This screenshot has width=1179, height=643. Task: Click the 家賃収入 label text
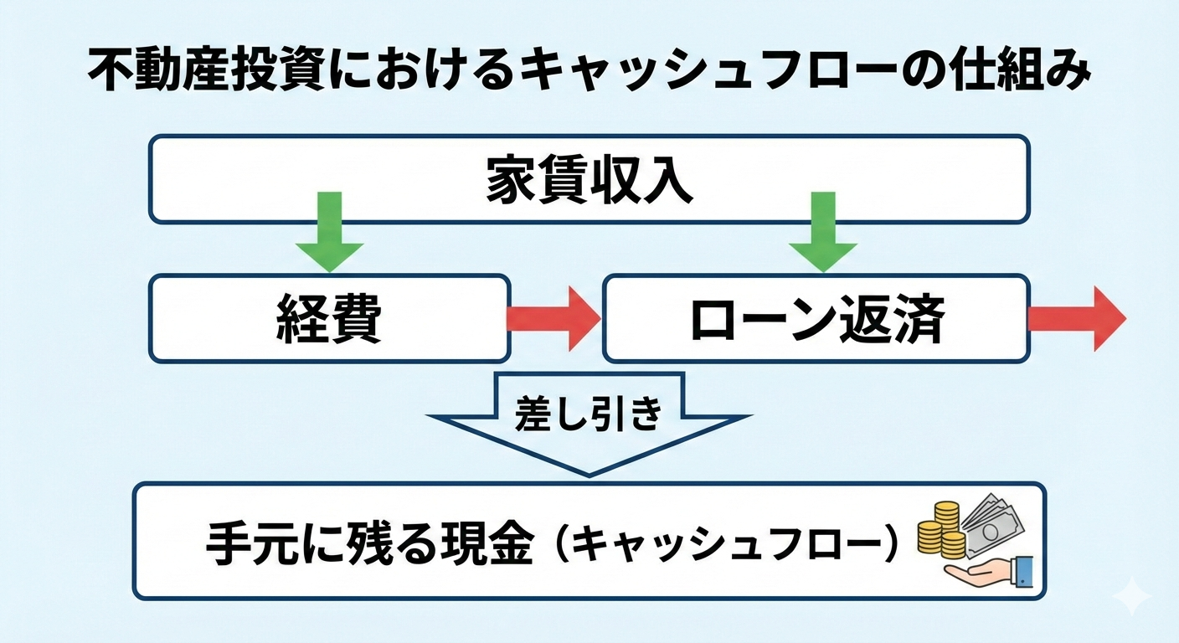[589, 181]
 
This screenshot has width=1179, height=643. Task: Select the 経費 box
[329, 319]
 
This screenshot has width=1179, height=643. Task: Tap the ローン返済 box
[816, 319]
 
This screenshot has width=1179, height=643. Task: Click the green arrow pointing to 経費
[329, 234]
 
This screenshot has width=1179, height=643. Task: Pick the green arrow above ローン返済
[823, 234]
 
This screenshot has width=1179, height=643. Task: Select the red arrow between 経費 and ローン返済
[553, 319]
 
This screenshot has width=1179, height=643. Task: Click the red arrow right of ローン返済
[1077, 319]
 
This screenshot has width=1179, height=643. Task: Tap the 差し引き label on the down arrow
[589, 412]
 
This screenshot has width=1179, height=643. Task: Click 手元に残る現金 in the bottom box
[368, 543]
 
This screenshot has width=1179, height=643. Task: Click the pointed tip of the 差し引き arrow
[589, 472]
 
